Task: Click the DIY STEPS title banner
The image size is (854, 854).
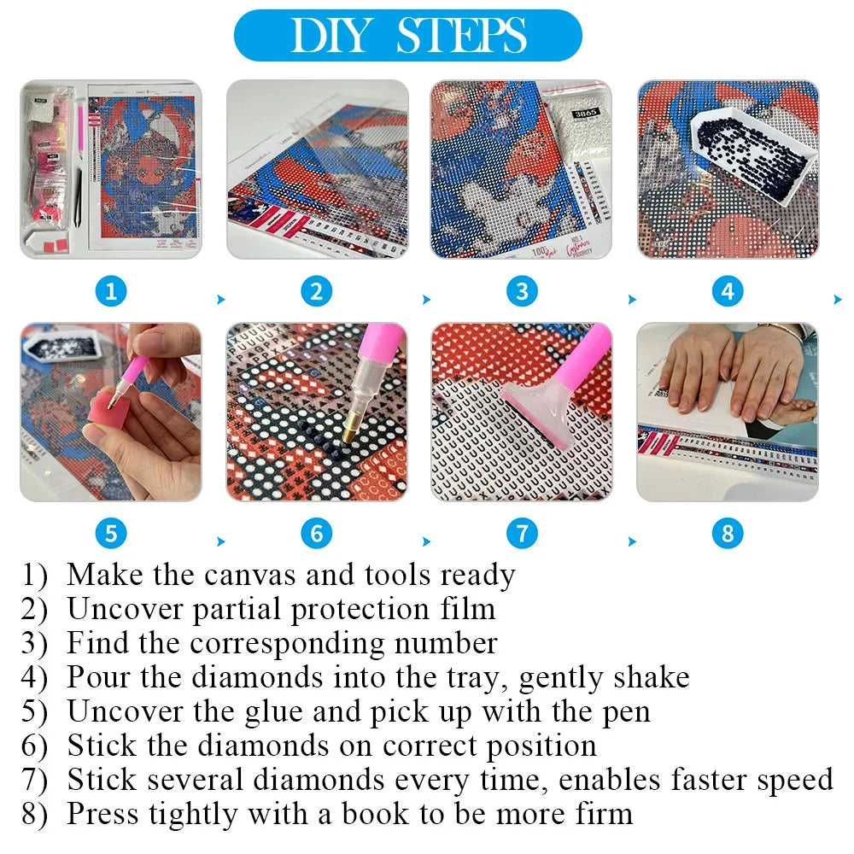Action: pos(407,35)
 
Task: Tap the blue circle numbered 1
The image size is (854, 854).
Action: pos(111,292)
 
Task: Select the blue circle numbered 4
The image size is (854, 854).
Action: pos(727,292)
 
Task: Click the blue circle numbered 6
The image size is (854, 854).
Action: pos(317,535)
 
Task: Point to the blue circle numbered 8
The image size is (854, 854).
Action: pos(727,535)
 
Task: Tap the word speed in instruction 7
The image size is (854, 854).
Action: pos(787,779)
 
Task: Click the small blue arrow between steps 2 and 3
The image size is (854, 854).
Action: pos(426,300)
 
